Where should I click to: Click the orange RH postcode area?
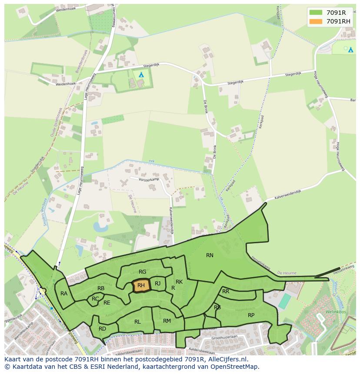(x=141, y=285)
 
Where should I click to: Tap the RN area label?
(x=210, y=255)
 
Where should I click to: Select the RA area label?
(x=64, y=294)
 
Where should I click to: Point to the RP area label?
(x=251, y=315)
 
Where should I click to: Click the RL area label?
(x=137, y=322)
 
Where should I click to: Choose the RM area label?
(x=167, y=321)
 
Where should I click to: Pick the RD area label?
(x=102, y=329)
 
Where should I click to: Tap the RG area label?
(x=142, y=272)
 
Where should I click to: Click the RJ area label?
(x=158, y=284)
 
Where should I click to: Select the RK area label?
(x=179, y=282)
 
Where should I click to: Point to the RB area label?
(x=101, y=288)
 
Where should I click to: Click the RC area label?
(x=95, y=299)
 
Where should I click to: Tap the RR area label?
(x=226, y=291)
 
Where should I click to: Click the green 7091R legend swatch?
(x=316, y=13)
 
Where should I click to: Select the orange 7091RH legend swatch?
(x=316, y=21)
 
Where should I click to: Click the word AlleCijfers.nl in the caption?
(x=227, y=359)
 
